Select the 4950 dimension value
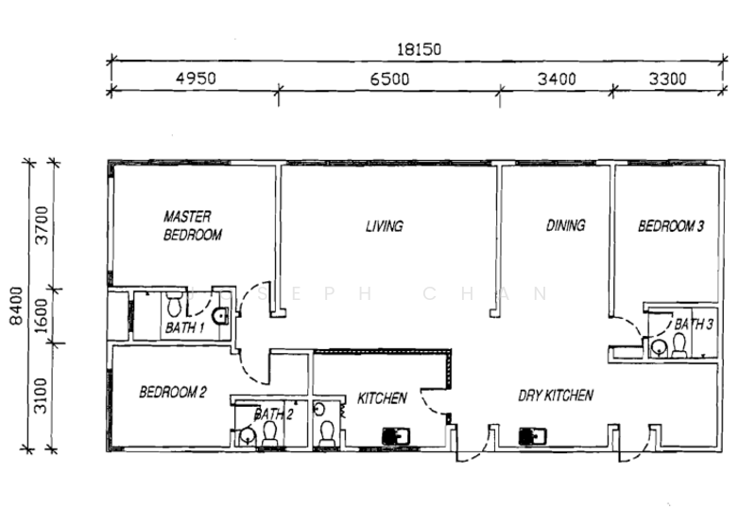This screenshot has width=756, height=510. click(197, 79)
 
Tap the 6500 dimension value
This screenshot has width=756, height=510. click(388, 79)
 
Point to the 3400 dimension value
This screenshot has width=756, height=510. click(555, 79)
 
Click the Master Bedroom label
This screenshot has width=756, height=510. click(192, 225)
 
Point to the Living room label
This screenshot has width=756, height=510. click(385, 226)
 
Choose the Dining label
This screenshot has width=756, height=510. click(565, 225)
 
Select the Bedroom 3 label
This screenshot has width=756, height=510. click(671, 226)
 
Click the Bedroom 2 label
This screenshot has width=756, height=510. click(173, 392)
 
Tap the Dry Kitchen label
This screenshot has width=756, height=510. click(555, 395)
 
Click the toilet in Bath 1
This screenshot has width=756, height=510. click(174, 306)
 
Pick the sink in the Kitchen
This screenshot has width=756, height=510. click(395, 436)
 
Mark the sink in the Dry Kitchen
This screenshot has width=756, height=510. click(532, 436)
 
